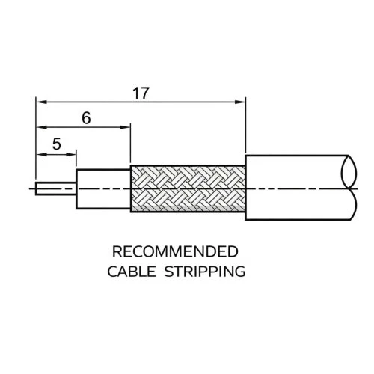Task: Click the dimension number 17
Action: click(141, 93)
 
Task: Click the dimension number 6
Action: click(86, 118)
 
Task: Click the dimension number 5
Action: click(57, 144)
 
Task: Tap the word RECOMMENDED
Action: click(175, 251)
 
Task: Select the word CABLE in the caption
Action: click(132, 272)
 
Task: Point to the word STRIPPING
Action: click(205, 272)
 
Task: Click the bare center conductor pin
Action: click(55, 188)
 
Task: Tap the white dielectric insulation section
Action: click(103, 188)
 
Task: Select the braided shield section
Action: click(188, 188)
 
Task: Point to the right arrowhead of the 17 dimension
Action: click(240, 102)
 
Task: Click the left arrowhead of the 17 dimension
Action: click(42, 102)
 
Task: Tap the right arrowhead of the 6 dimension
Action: click(125, 127)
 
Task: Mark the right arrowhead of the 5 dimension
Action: click(70, 155)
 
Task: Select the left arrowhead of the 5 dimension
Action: click(42, 155)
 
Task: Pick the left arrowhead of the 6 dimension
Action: click(42, 127)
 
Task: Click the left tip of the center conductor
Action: click(36, 188)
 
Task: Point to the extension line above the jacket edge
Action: click(245, 125)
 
